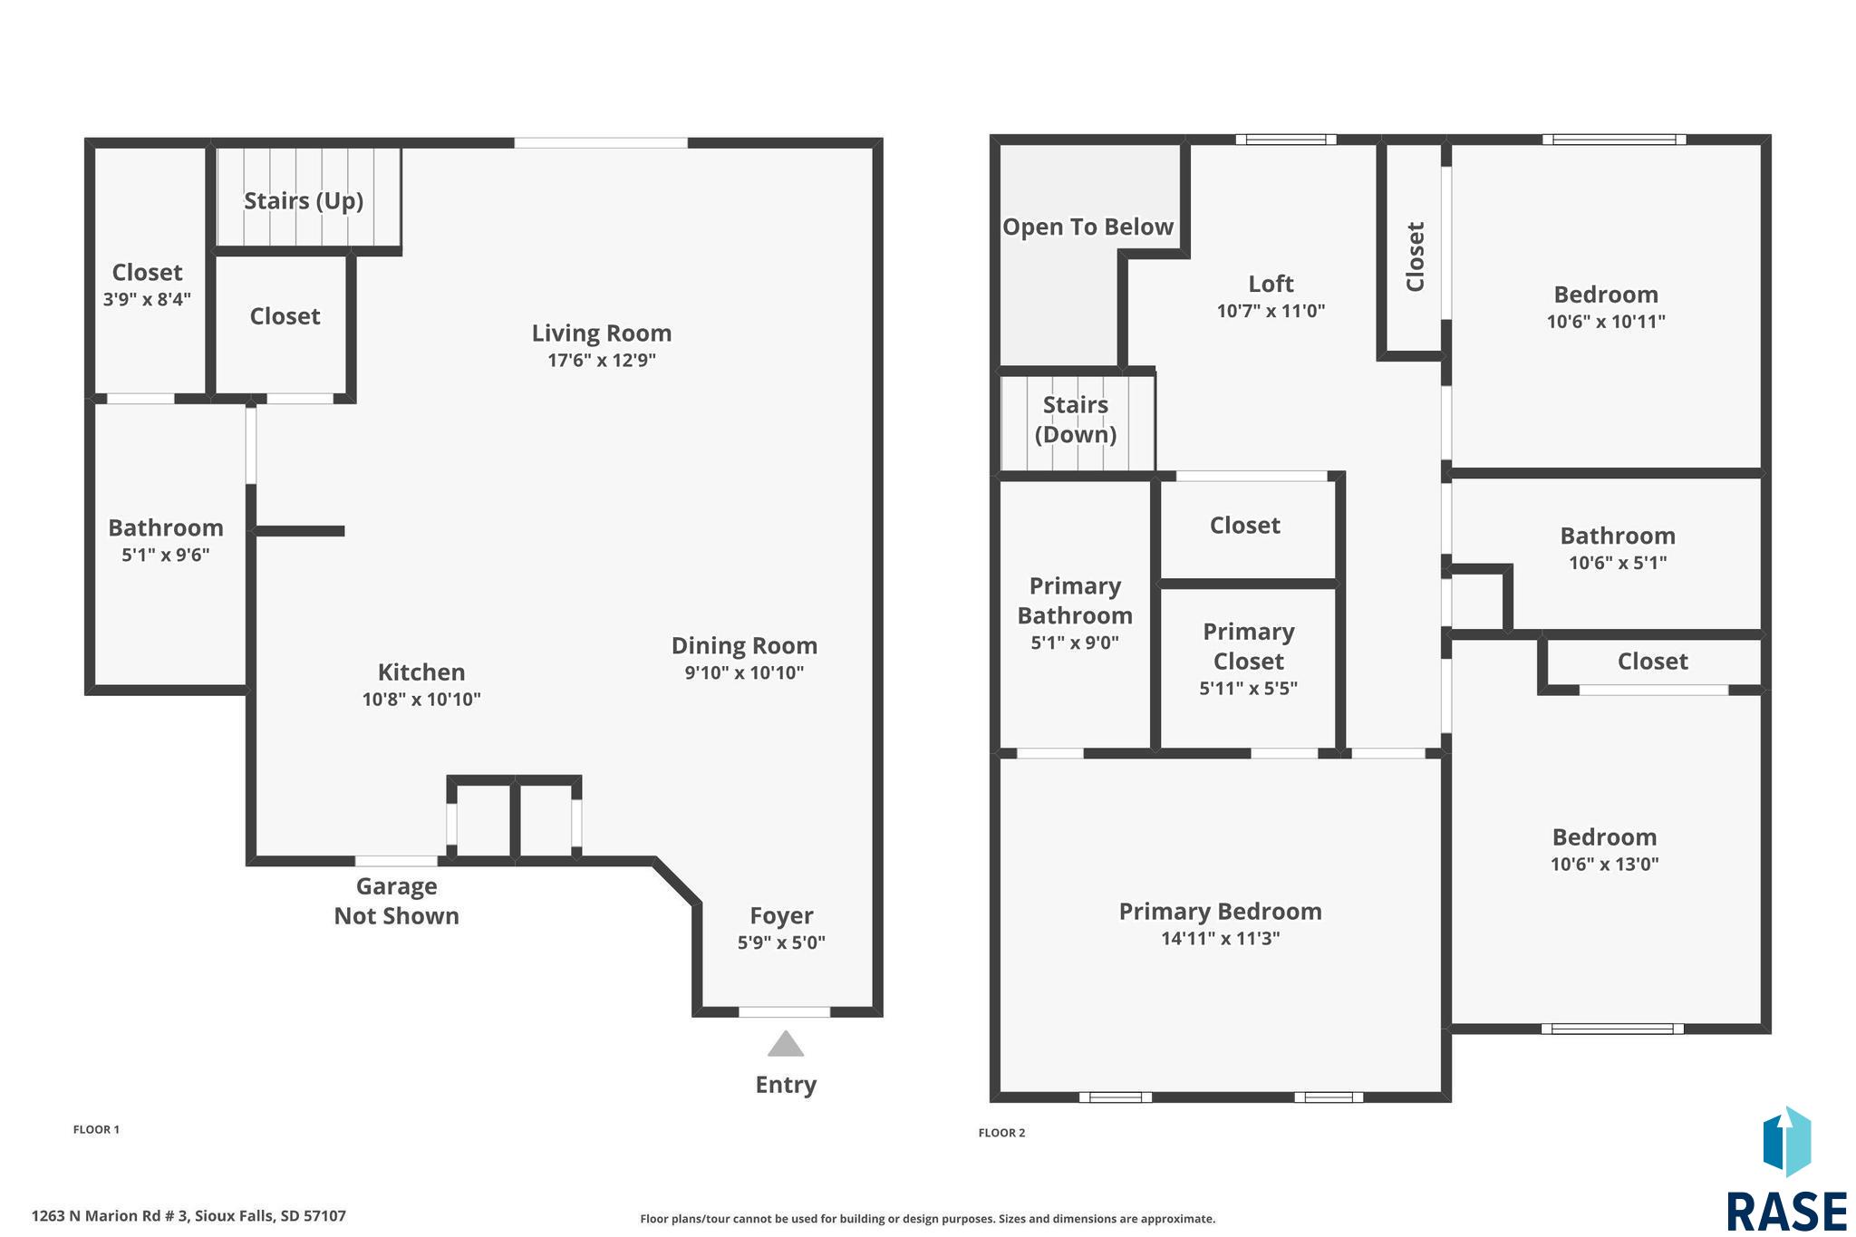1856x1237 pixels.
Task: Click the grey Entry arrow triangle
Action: pyautogui.click(x=786, y=1044)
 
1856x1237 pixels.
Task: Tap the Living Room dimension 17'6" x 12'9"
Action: pyautogui.click(x=602, y=361)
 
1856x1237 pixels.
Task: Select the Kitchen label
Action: pyautogui.click(x=421, y=672)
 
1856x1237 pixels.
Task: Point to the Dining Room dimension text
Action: pyautogui.click(x=744, y=672)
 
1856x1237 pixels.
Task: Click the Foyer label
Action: pyautogui.click(x=781, y=915)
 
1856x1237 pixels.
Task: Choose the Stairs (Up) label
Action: pyautogui.click(x=304, y=200)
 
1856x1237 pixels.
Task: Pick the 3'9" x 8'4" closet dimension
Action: pyautogui.click(x=147, y=299)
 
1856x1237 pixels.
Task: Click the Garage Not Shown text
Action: pyautogui.click(x=397, y=901)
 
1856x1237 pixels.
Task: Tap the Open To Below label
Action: pyautogui.click(x=1087, y=227)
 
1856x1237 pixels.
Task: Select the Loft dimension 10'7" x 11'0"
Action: pyautogui.click(x=1271, y=311)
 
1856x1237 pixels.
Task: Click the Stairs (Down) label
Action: pyautogui.click(x=1076, y=420)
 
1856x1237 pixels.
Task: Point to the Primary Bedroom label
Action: pyautogui.click(x=1220, y=912)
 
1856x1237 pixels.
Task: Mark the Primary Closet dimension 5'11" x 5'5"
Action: pyautogui.click(x=1248, y=688)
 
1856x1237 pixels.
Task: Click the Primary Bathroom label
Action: pyautogui.click(x=1075, y=601)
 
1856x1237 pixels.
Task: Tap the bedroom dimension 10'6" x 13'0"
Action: pyautogui.click(x=1604, y=864)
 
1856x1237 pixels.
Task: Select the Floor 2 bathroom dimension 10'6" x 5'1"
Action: pyautogui.click(x=1618, y=562)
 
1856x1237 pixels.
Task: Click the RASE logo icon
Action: pyautogui.click(x=1786, y=1141)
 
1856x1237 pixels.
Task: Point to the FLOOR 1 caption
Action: pyautogui.click(x=96, y=1129)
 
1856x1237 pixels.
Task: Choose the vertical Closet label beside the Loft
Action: pyautogui.click(x=1415, y=256)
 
